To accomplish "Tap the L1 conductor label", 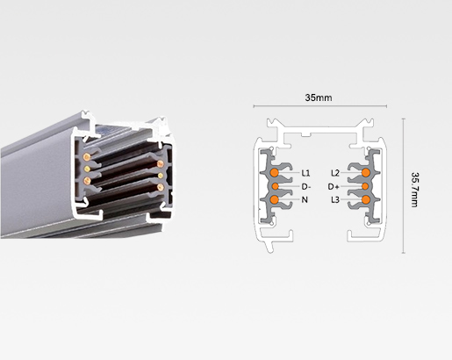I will [306, 173].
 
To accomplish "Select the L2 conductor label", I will [335, 173].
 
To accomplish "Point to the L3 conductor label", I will [335, 201].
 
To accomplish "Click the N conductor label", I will [305, 201].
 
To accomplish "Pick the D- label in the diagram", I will [306, 187].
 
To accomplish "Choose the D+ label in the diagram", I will [334, 187].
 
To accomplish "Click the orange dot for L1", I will [276, 173].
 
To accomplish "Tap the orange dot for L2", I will [365, 173].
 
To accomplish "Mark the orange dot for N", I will [276, 201].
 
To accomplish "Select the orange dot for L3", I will [365, 201].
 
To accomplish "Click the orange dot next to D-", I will [275, 186].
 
